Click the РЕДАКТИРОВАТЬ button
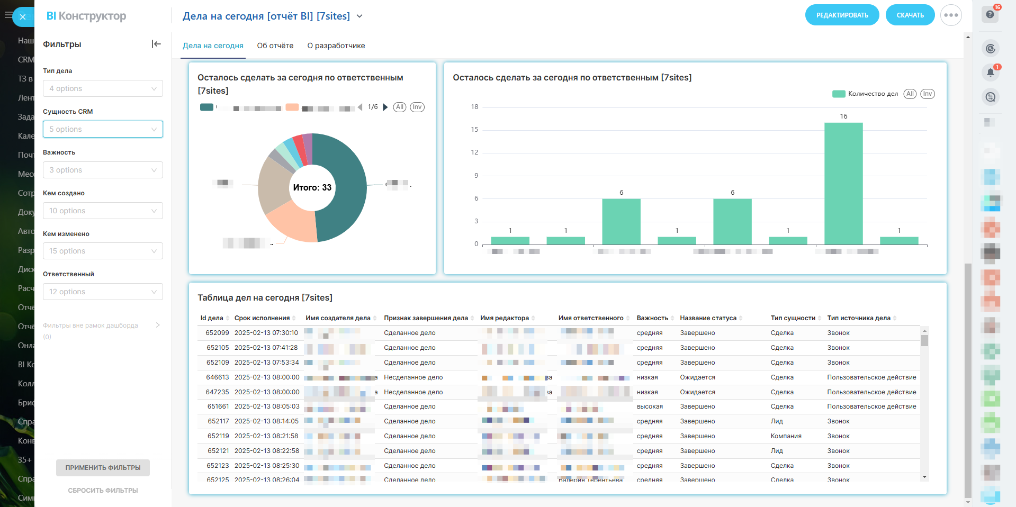[x=842, y=15]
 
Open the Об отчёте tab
[x=275, y=46]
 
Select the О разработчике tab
[x=336, y=46]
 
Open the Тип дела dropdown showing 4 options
[x=103, y=88]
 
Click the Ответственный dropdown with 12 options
[x=103, y=292]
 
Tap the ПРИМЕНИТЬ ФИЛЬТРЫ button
[x=103, y=468]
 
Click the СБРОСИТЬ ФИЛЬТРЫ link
[x=103, y=491]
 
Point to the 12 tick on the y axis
[x=474, y=152]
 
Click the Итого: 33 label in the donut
[x=312, y=187]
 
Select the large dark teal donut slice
[x=344, y=191]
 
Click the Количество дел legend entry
[x=873, y=94]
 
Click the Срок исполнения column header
[x=262, y=318]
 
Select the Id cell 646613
[x=218, y=377]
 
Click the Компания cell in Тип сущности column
[x=786, y=436]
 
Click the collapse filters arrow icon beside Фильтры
[x=156, y=44]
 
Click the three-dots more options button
[x=951, y=15]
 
